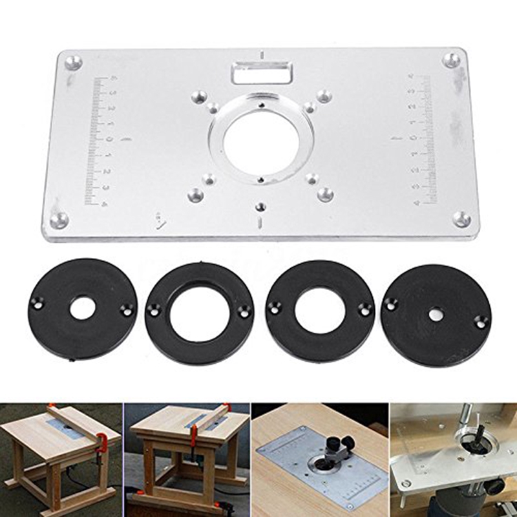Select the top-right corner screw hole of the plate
pos(452,60)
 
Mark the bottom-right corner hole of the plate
pos(461,218)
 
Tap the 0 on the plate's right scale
pos(413,138)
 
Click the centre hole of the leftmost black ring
pos(82,308)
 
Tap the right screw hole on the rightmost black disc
pos(480,319)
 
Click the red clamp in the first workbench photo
pos(101,447)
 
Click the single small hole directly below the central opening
pos(260,207)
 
